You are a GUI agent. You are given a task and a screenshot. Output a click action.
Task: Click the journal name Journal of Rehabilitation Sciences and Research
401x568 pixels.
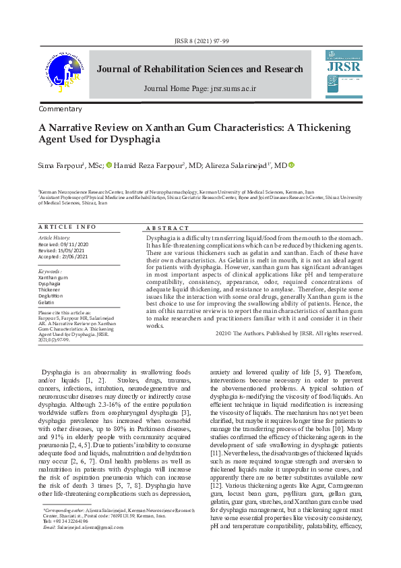199,69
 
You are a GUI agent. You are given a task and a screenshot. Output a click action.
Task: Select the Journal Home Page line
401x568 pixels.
200,88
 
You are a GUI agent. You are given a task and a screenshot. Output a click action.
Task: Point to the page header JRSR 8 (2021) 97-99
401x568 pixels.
200,40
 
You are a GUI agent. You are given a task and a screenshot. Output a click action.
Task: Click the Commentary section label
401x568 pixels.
60,109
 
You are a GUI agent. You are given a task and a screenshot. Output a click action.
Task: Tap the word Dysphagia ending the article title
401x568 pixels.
137,139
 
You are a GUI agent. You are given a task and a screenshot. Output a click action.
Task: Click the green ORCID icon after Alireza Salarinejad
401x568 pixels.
292,165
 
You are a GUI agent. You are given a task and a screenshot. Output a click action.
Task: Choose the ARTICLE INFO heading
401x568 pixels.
67,227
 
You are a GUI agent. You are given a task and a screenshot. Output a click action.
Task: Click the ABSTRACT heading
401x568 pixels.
168,229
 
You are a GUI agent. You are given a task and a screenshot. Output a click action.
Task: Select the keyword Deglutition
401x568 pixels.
51,295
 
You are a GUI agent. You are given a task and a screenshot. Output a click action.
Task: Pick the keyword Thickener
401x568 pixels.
50,289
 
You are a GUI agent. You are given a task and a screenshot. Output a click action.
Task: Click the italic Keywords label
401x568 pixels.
51,271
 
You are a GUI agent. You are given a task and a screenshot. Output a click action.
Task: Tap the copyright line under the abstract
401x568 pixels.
288,333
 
